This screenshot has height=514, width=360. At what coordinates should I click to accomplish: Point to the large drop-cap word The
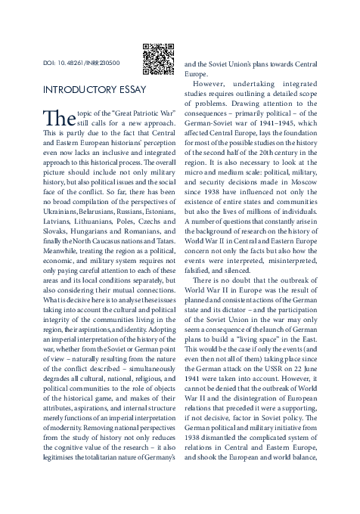(57, 119)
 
